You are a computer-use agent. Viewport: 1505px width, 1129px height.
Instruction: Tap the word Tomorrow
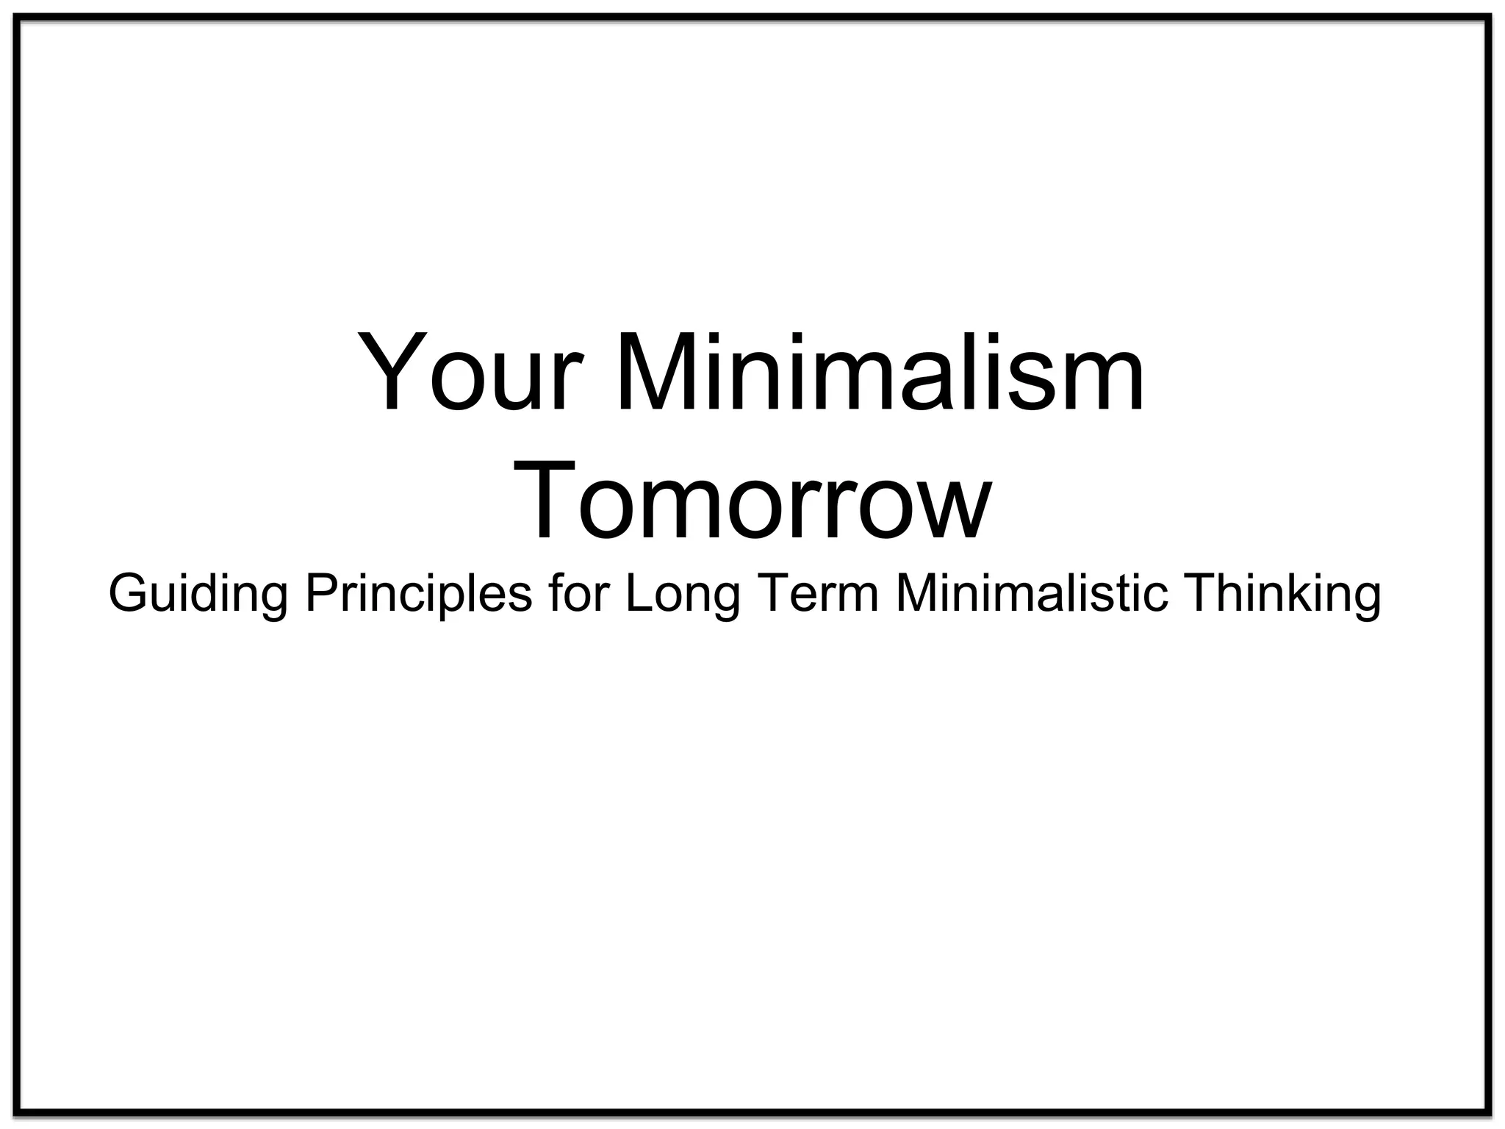tap(752, 500)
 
